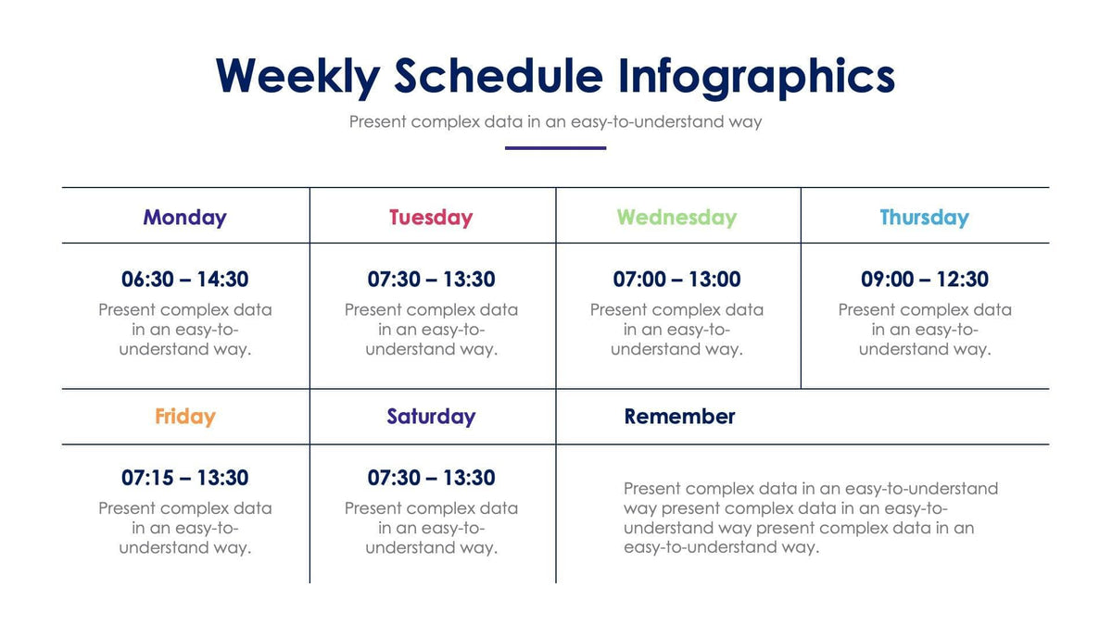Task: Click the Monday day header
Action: pos(184,218)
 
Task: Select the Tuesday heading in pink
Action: pos(431,218)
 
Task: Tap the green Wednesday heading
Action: pos(676,218)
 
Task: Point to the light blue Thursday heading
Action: pos(924,218)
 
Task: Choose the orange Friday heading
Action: pos(184,417)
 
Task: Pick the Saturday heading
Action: pos(431,417)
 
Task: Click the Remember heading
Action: pos(679,417)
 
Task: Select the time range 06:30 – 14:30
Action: pos(184,279)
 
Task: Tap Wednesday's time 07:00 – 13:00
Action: pos(676,279)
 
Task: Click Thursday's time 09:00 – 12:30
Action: pos(924,279)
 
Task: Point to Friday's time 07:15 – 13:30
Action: pos(184,478)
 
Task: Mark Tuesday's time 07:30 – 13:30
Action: pos(431,279)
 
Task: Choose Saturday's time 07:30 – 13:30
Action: pos(431,478)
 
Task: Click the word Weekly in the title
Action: pos(297,76)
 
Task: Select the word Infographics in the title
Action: pos(756,76)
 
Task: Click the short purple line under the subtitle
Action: pos(555,147)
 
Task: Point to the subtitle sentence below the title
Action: pos(555,121)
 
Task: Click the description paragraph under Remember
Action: pos(811,518)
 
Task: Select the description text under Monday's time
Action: pos(184,330)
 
